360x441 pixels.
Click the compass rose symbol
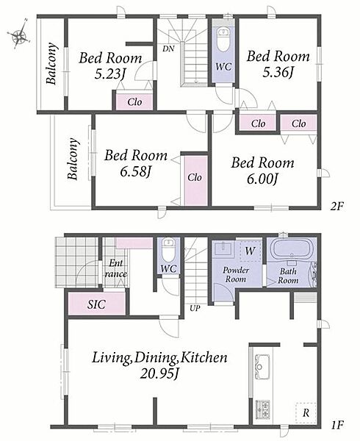click(19, 35)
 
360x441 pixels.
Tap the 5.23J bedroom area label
click(110, 74)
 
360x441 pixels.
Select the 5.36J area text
click(278, 73)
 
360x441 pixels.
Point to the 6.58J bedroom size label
click(136, 171)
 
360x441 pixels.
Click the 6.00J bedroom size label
click(263, 179)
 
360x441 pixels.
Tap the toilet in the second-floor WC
click(223, 40)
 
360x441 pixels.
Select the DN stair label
click(168, 49)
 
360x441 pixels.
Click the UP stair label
click(195, 308)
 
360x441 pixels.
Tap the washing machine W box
click(250, 251)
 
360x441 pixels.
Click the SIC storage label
click(97, 304)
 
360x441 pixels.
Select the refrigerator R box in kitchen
click(306, 413)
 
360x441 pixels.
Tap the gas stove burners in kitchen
click(262, 409)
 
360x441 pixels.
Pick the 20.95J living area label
click(160, 373)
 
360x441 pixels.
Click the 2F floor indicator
click(337, 207)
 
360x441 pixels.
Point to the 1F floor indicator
click(337, 425)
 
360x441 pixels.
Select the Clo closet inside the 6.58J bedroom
click(195, 181)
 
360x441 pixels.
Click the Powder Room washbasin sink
click(223, 249)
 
